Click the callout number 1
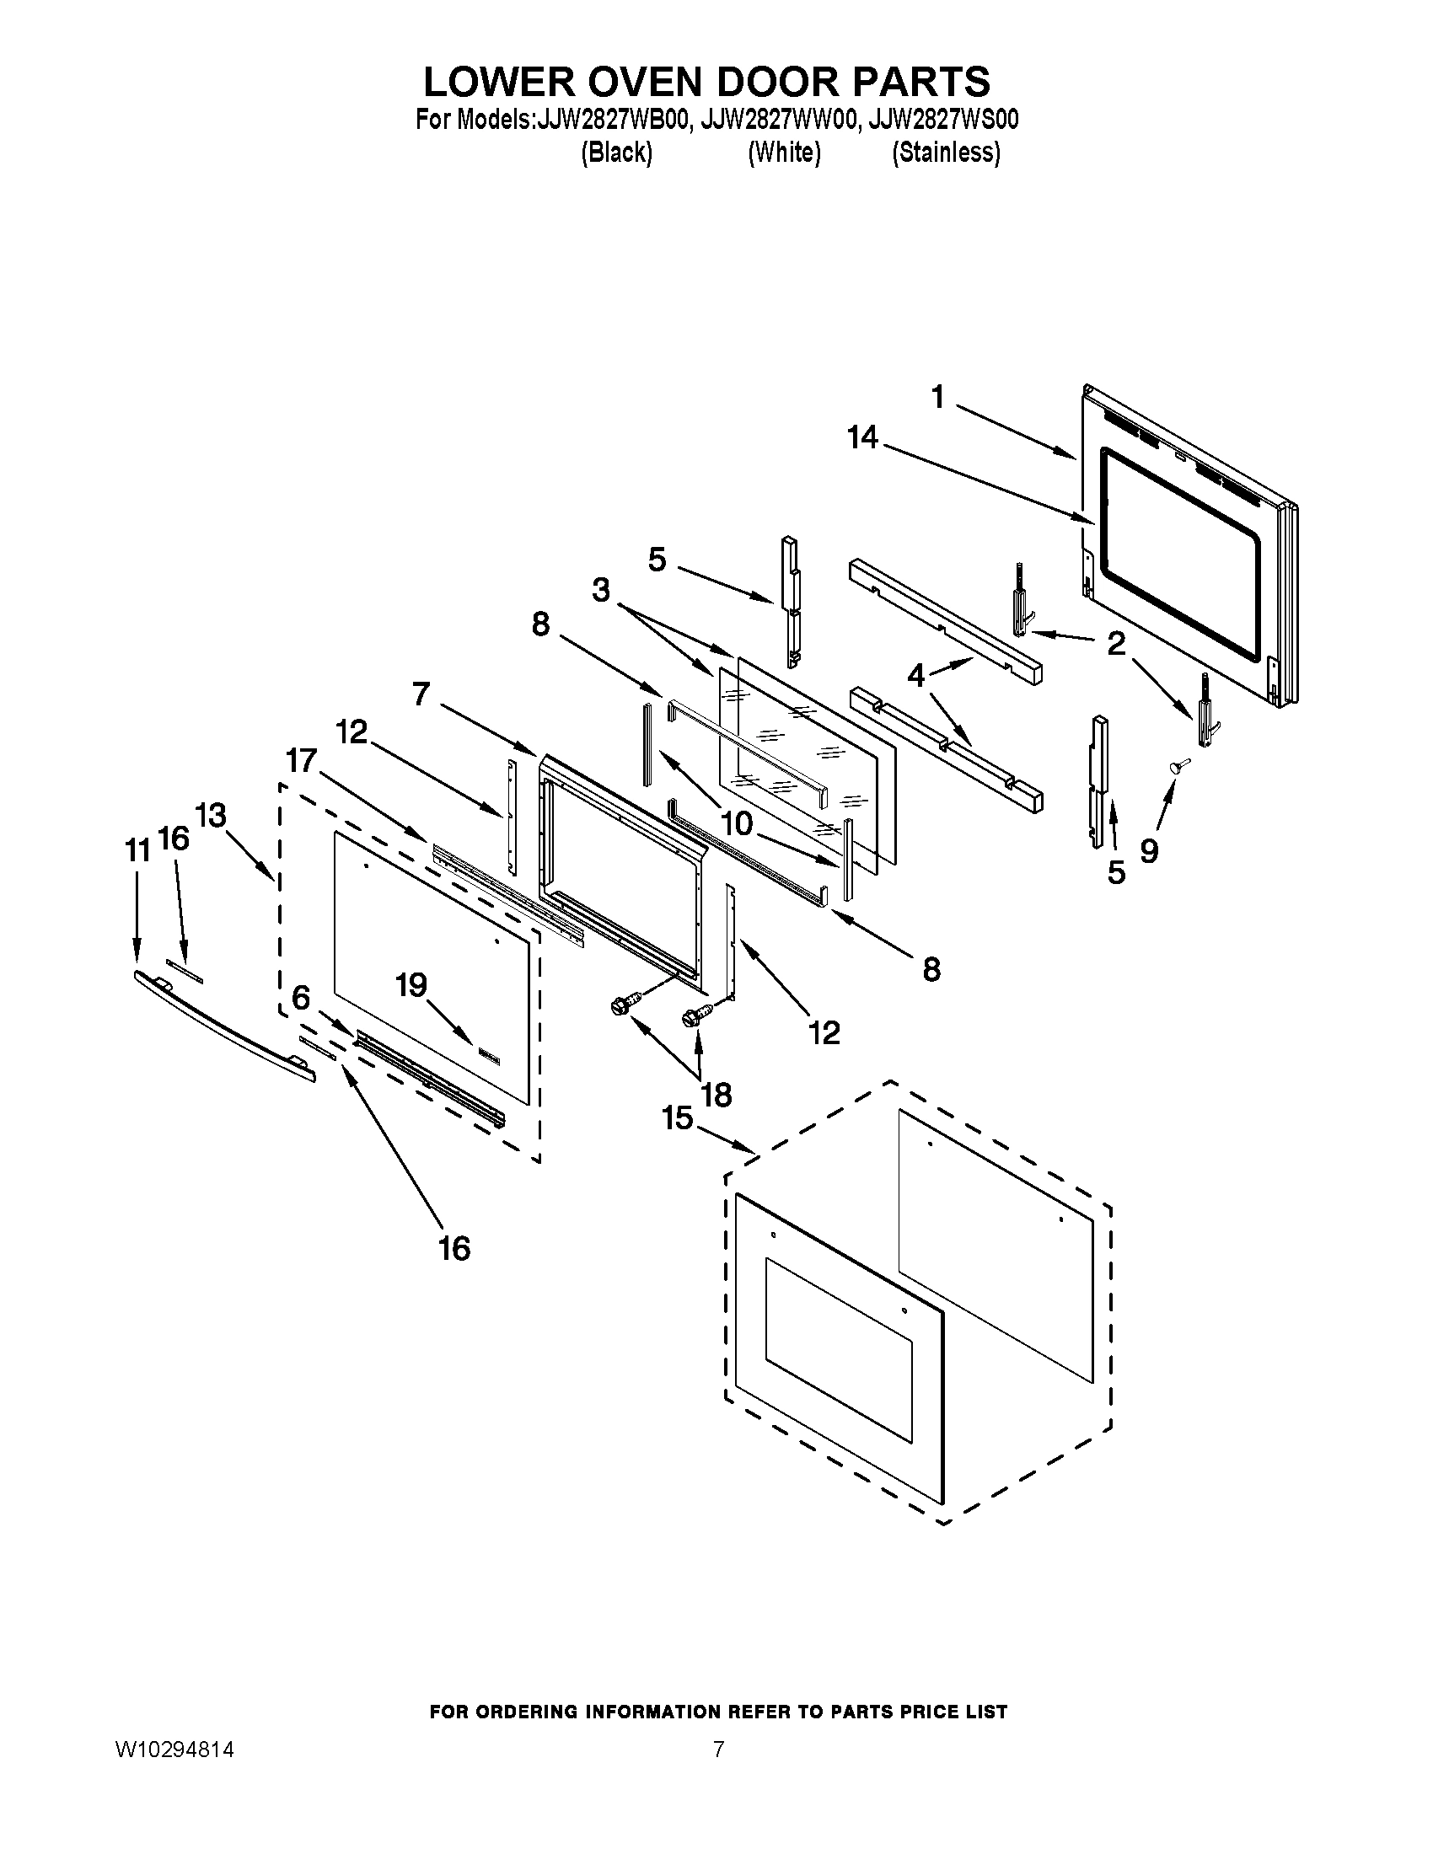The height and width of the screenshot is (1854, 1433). (x=937, y=396)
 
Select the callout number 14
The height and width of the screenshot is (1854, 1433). (x=861, y=438)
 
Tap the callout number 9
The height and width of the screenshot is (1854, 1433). (x=1149, y=849)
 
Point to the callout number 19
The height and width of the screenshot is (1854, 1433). (x=411, y=986)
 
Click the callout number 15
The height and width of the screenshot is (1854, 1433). (x=679, y=1118)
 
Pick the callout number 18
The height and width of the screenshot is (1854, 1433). (x=716, y=1095)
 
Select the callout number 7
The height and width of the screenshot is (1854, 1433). (x=422, y=694)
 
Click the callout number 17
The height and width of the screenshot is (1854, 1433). (x=302, y=760)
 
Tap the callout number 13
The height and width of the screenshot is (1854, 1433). (x=211, y=816)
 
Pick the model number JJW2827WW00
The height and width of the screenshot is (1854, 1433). (x=775, y=121)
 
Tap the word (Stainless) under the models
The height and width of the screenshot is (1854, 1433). (x=946, y=153)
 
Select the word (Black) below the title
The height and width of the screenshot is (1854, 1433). (x=616, y=153)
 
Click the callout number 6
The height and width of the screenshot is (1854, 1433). (x=302, y=999)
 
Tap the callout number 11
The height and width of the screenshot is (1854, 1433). (x=137, y=849)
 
